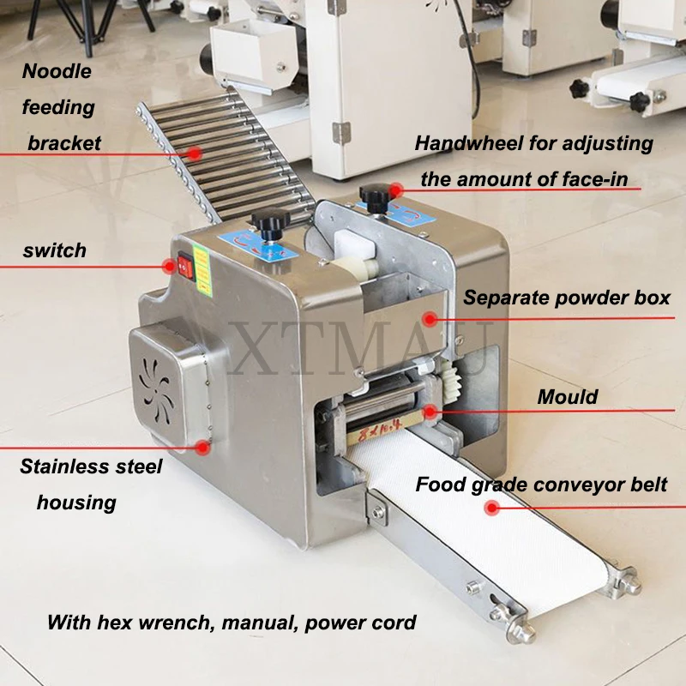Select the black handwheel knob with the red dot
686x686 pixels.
tap(373, 196)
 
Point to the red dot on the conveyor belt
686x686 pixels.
tap(491, 508)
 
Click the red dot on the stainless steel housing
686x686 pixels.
tap(203, 446)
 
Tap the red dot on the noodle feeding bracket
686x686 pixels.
tap(195, 153)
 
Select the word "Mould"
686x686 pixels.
tap(568, 397)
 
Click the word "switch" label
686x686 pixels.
tap(55, 250)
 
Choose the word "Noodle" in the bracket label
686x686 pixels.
tap(57, 71)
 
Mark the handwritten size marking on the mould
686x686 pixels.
tap(384, 421)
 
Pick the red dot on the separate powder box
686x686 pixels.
tap(430, 319)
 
